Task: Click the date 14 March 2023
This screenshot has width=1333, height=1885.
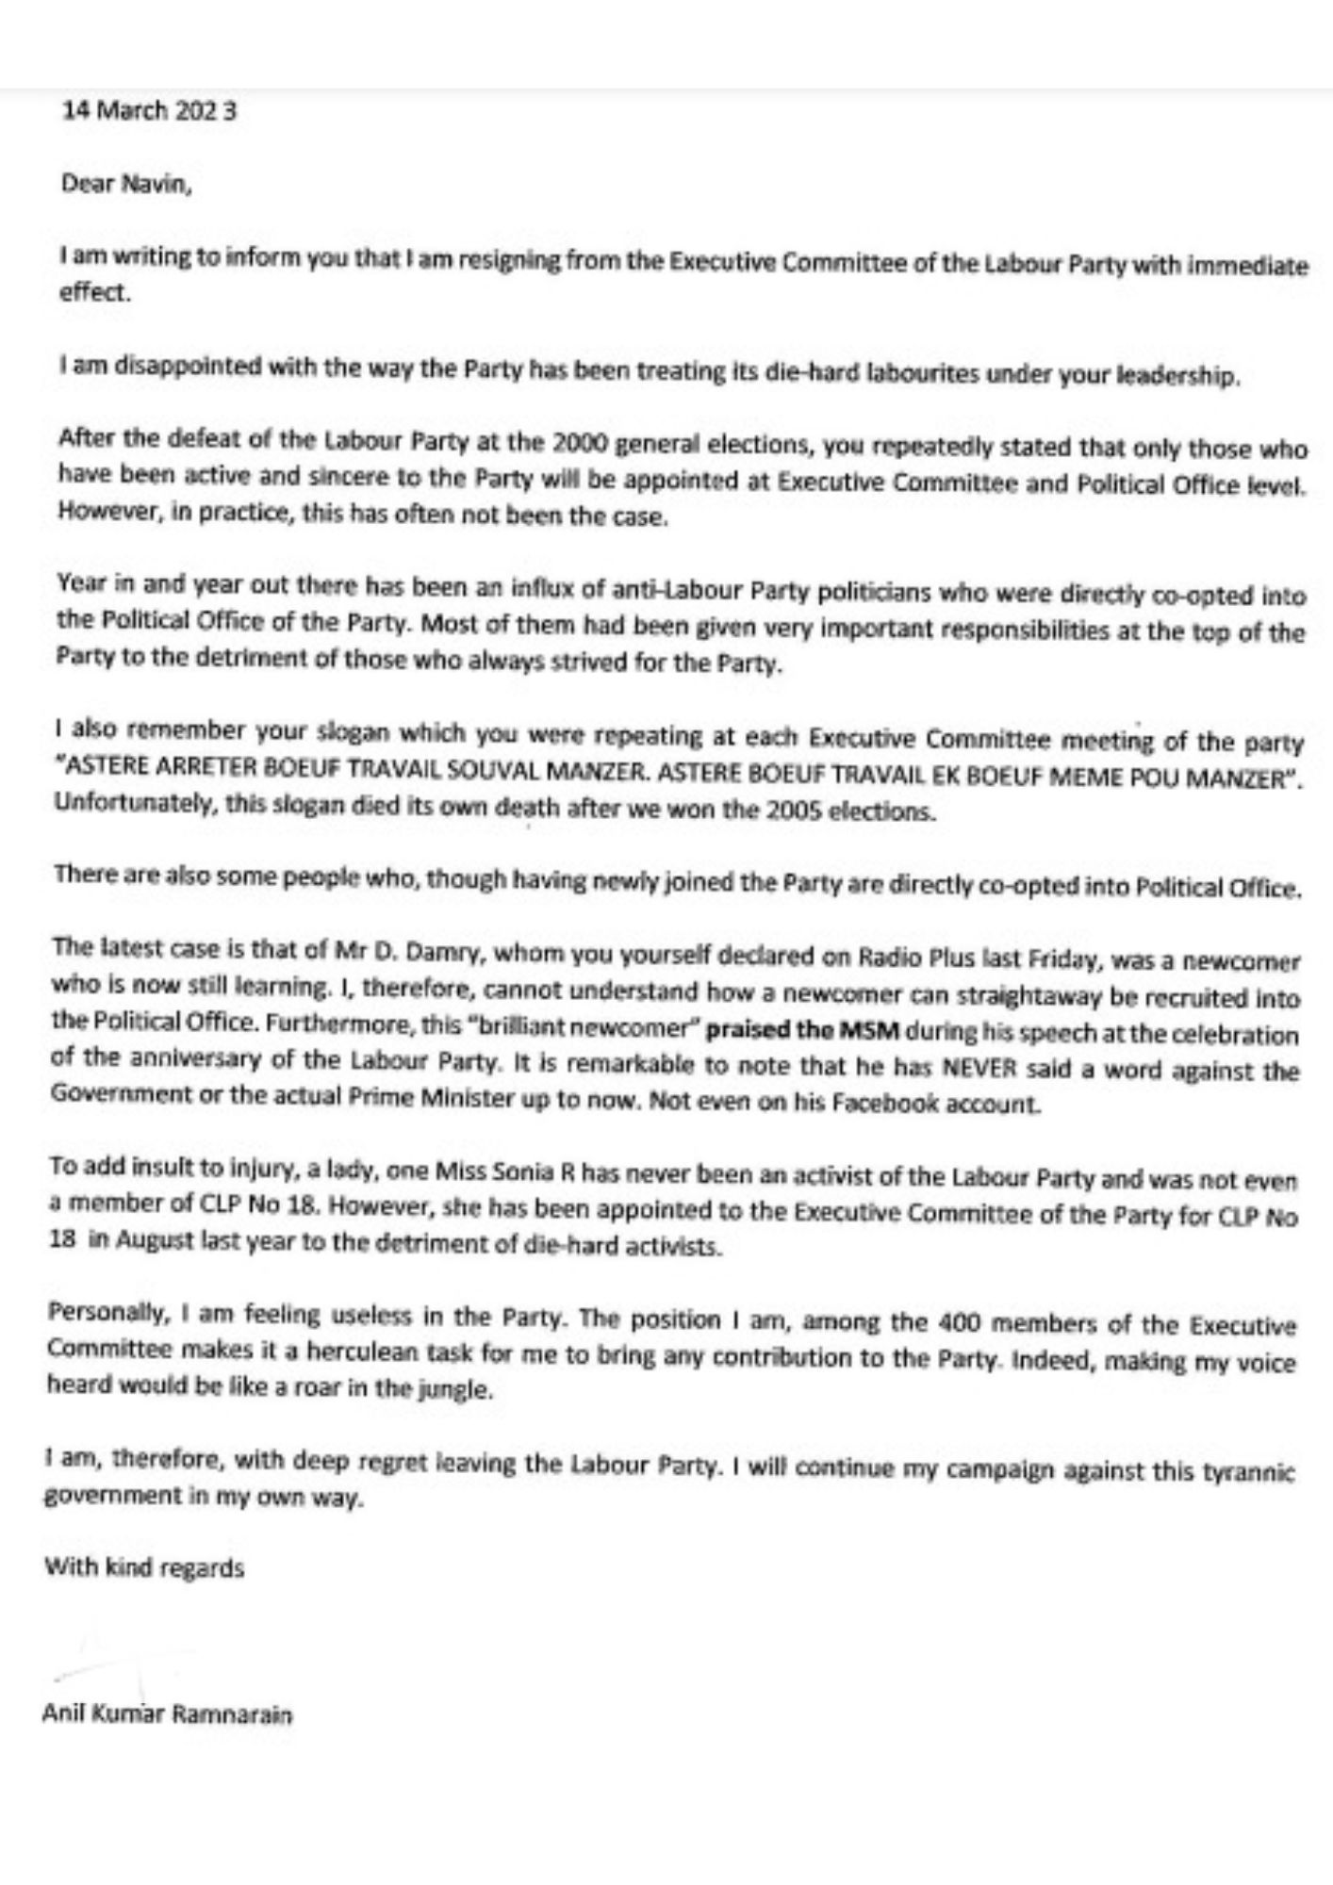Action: [149, 111]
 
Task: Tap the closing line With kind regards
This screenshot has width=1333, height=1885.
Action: [144, 1567]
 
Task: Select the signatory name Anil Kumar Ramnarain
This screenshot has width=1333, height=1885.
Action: [168, 1713]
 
